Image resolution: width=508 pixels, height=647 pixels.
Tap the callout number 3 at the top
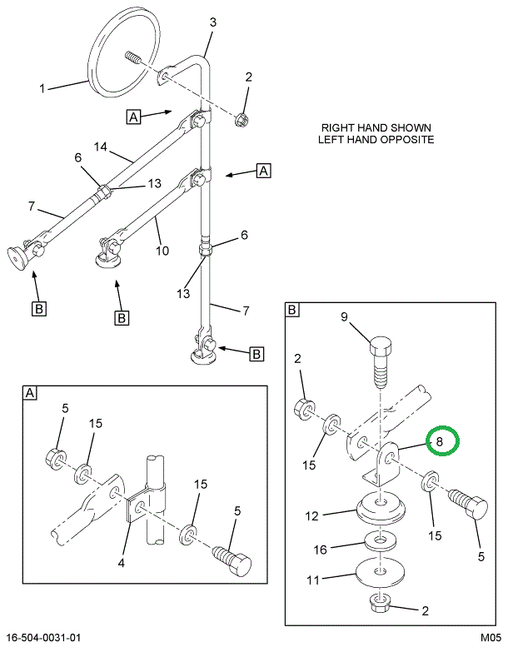point(212,22)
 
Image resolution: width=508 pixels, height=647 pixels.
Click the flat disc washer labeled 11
point(381,573)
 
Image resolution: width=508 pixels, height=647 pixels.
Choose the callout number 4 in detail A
point(121,564)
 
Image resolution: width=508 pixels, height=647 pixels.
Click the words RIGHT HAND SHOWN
point(377,128)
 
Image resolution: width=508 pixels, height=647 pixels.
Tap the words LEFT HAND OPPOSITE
point(376,140)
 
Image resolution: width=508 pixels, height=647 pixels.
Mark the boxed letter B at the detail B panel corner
point(292,311)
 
